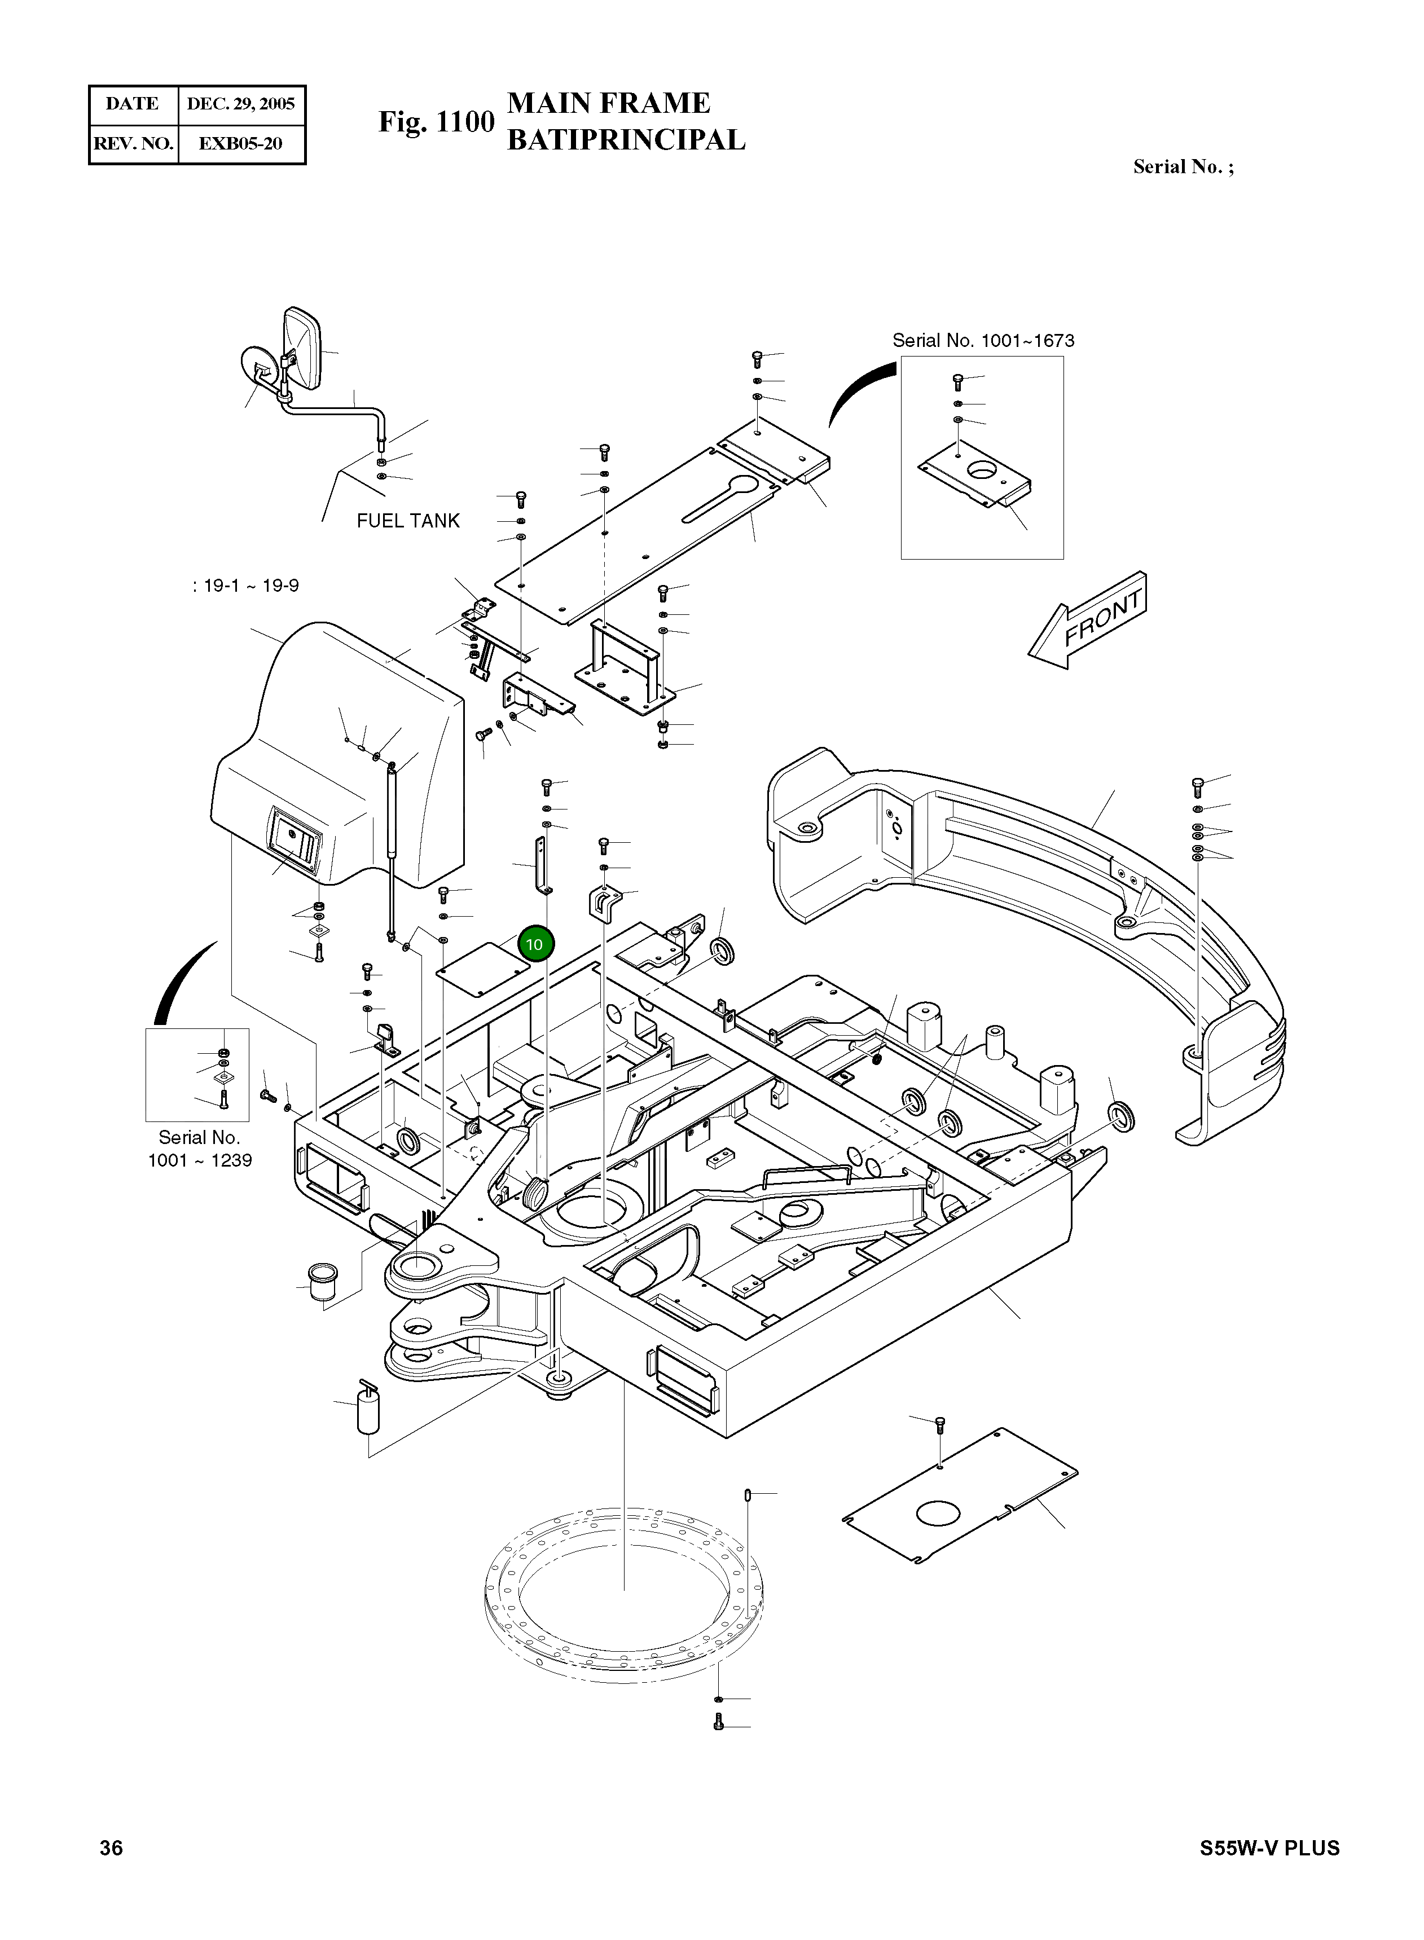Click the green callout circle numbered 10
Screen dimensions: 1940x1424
click(x=535, y=944)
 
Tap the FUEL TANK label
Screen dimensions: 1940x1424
click(x=408, y=521)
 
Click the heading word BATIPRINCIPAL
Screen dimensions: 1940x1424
click(x=626, y=139)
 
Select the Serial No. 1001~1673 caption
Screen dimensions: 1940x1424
click(x=983, y=340)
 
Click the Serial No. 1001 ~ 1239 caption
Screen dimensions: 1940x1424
click(x=199, y=1149)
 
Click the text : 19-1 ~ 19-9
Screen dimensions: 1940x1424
click(x=245, y=586)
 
